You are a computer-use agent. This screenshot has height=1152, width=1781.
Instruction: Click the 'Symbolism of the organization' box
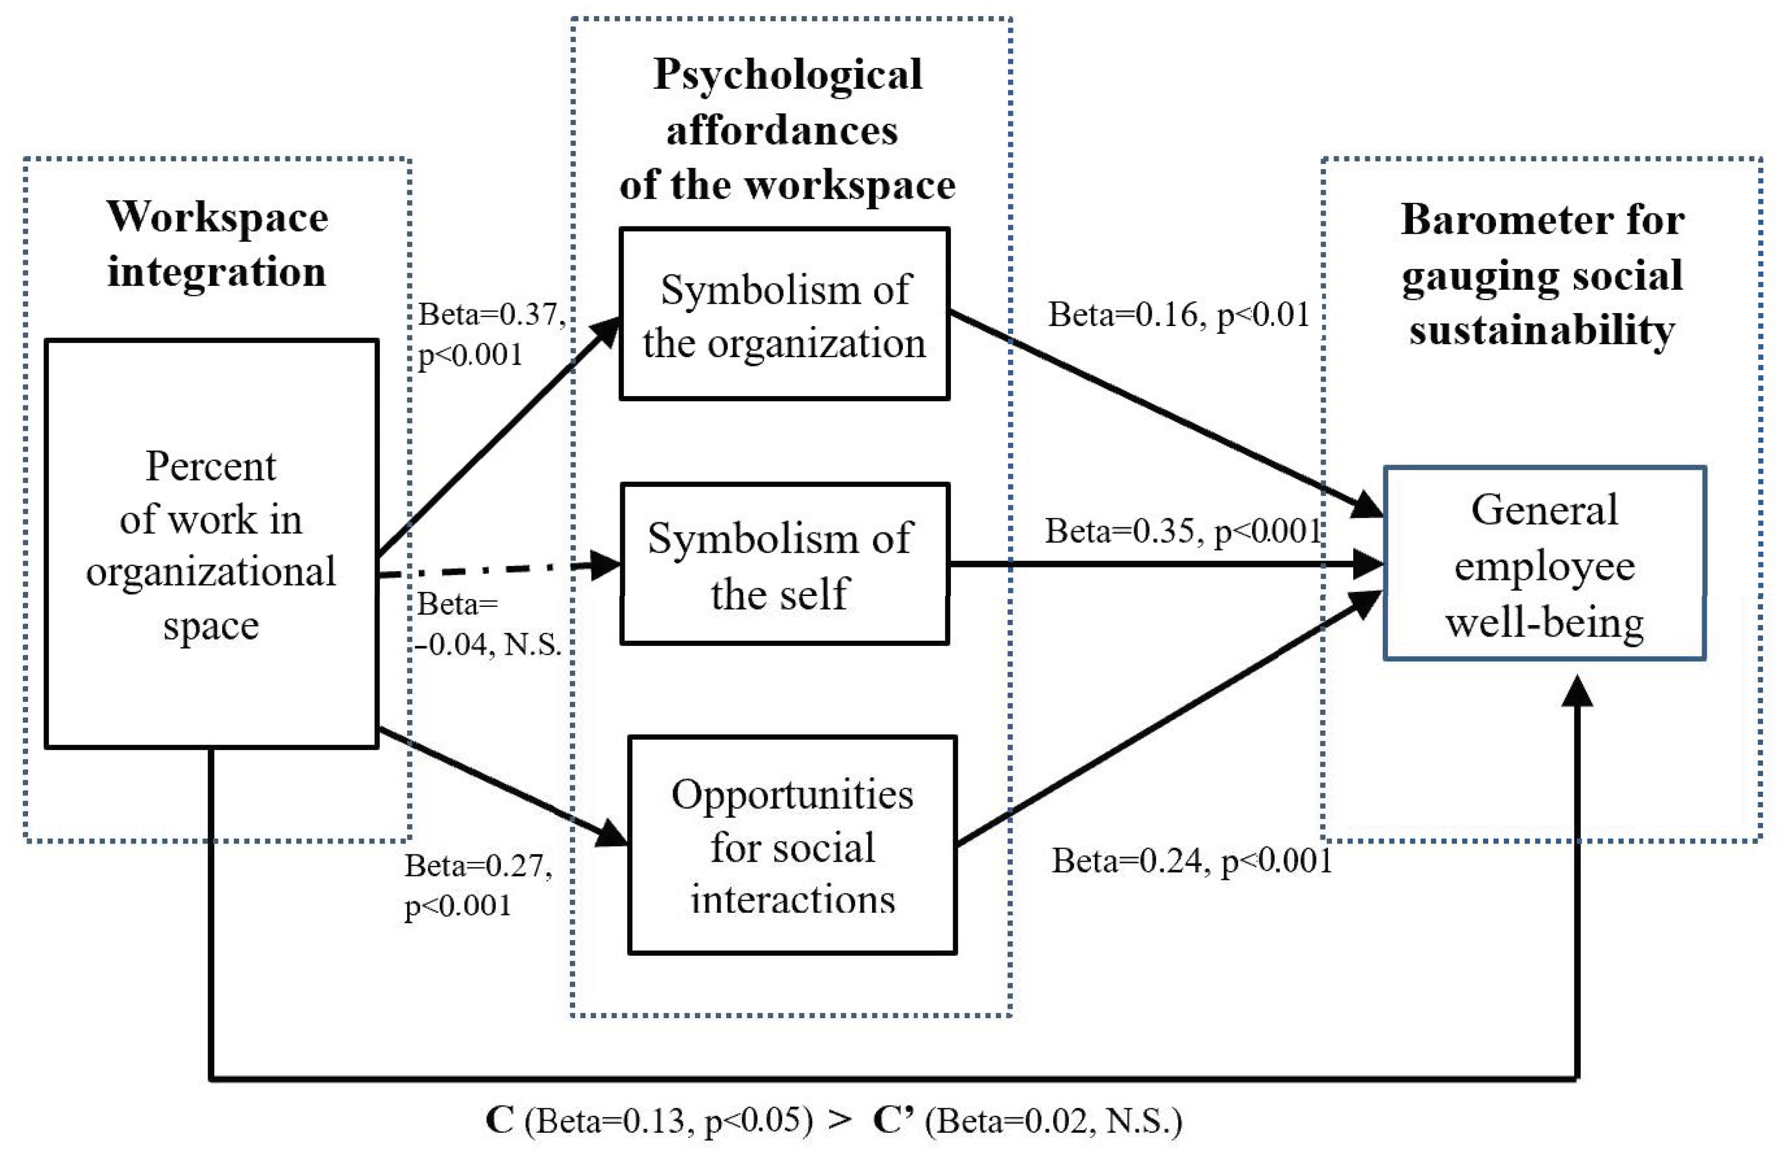click(x=784, y=314)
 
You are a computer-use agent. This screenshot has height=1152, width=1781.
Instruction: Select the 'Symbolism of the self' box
click(x=784, y=563)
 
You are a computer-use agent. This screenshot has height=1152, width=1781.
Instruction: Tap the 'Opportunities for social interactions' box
click(x=792, y=845)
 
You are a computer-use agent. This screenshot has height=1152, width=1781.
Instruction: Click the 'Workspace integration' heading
click(x=217, y=244)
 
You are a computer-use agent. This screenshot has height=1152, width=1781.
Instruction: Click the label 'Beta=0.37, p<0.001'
click(x=490, y=334)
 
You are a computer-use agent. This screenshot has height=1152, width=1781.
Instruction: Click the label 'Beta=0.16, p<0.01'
click(x=1178, y=314)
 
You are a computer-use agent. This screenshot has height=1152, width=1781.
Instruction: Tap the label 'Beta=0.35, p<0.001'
click(x=1182, y=531)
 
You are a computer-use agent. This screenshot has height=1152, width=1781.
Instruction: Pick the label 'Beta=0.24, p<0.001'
click(x=1191, y=861)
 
